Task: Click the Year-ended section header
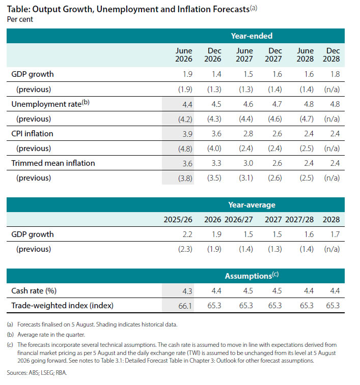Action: pyautogui.click(x=252, y=36)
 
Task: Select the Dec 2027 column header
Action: pyautogui.click(x=273, y=55)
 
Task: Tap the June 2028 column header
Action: pyautogui.click(x=305, y=55)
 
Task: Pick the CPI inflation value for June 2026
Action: pyautogui.click(x=187, y=134)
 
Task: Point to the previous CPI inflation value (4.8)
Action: pyautogui.click(x=185, y=149)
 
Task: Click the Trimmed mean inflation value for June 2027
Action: pyautogui.click(x=248, y=163)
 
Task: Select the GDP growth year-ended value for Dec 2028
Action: pyautogui.click(x=335, y=74)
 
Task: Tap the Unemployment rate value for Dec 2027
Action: pyautogui.click(x=277, y=104)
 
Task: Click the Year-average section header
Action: pyautogui.click(x=252, y=205)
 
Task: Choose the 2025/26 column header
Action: pyautogui.click(x=178, y=220)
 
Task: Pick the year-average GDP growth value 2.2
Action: pyautogui.click(x=187, y=234)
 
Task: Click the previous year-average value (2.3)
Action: pyautogui.click(x=185, y=249)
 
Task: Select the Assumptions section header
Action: pyautogui.click(x=252, y=276)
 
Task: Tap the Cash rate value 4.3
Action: pyautogui.click(x=187, y=291)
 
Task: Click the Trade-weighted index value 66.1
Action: pyautogui.click(x=185, y=306)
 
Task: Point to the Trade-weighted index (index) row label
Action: pyautogui.click(x=62, y=306)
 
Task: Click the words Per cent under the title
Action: pyautogui.click(x=20, y=19)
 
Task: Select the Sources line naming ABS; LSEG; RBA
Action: pyautogui.click(x=37, y=373)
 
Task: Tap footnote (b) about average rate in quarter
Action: pyautogui.click(x=46, y=335)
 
